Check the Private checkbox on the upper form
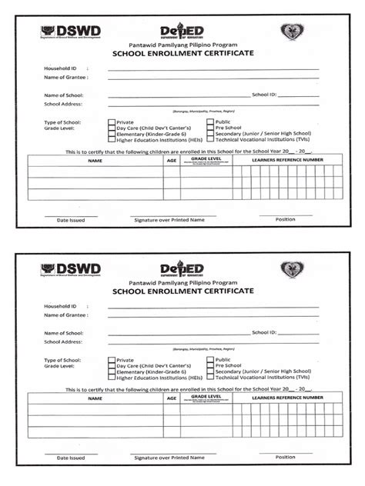[112, 121]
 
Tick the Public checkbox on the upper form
[209, 121]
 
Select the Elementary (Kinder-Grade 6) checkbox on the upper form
[112, 135]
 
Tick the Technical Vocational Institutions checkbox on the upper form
[209, 141]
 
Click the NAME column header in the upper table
[95, 161]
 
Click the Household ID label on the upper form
[61, 69]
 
